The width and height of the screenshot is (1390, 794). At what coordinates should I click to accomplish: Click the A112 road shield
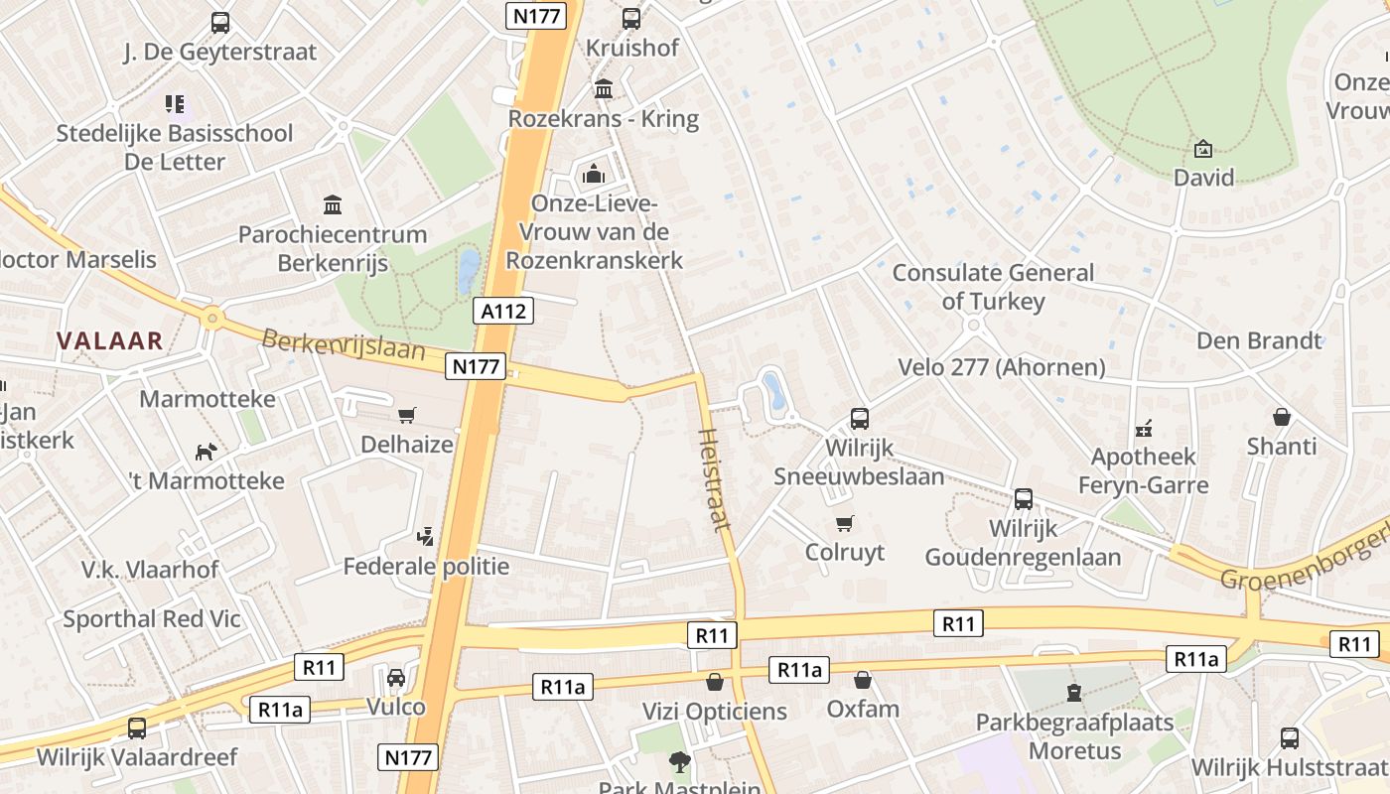pyautogui.click(x=504, y=311)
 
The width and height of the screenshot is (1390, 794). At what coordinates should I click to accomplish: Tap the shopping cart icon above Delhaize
pyautogui.click(x=406, y=415)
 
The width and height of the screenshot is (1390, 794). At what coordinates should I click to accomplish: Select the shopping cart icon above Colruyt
pyautogui.click(x=845, y=523)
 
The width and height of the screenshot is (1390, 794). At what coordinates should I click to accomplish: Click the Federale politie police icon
pyautogui.click(x=425, y=537)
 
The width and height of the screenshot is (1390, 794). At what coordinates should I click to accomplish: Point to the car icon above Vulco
pyautogui.click(x=396, y=678)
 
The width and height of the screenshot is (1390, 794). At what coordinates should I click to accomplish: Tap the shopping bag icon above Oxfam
pyautogui.click(x=863, y=680)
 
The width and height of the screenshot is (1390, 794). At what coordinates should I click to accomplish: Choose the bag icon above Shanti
pyautogui.click(x=1282, y=417)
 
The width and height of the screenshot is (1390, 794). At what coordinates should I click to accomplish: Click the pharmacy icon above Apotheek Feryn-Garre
pyautogui.click(x=1144, y=429)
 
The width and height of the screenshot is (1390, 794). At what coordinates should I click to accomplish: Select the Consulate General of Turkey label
pyautogui.click(x=993, y=287)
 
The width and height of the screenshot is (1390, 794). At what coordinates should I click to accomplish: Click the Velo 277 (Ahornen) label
pyautogui.click(x=1001, y=367)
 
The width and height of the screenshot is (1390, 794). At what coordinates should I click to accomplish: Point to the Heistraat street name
pyautogui.click(x=715, y=478)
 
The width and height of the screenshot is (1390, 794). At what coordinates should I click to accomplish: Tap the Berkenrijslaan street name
pyautogui.click(x=344, y=345)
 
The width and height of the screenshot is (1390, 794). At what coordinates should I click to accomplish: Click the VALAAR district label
pyautogui.click(x=109, y=341)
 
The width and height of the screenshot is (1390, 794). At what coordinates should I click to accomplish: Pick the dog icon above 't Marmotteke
pyautogui.click(x=206, y=452)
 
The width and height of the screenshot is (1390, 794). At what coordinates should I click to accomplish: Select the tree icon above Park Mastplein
pyautogui.click(x=679, y=762)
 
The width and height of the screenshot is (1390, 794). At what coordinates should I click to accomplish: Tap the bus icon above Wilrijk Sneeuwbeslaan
pyautogui.click(x=859, y=419)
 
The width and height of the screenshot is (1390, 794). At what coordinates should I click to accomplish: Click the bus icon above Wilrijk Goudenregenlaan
pyautogui.click(x=1024, y=499)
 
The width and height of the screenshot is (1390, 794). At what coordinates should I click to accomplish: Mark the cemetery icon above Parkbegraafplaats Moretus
pyautogui.click(x=1073, y=692)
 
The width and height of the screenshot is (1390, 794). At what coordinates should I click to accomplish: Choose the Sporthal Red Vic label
pyautogui.click(x=152, y=619)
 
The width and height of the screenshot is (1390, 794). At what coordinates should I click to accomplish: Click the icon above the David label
pyautogui.click(x=1203, y=150)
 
